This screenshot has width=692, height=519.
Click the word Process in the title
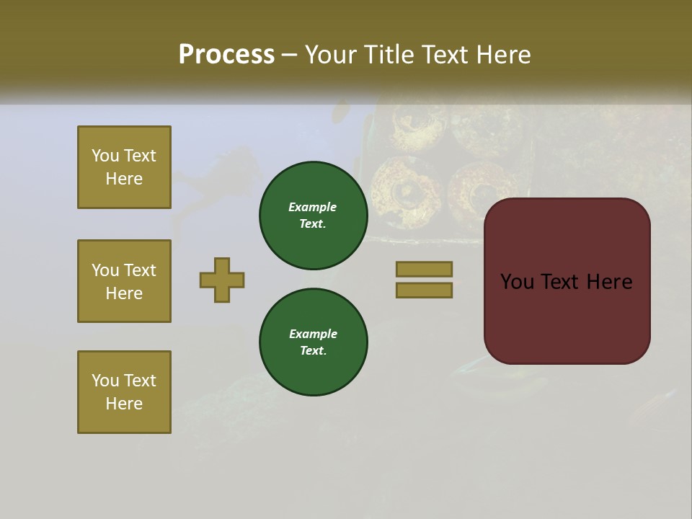pos(226,55)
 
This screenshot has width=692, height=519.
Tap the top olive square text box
pos(124,167)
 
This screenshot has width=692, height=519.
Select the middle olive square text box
pos(124,281)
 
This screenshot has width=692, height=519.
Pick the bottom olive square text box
pos(124,392)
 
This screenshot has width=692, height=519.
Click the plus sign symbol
pos(222,280)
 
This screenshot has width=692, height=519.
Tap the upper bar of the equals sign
pos(424,269)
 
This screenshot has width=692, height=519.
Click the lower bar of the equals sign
pos(424,290)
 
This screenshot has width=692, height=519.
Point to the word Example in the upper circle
pos(313,207)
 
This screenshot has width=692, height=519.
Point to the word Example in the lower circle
pos(313,334)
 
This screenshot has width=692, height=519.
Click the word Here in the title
pos(500,55)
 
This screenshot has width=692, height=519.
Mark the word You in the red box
pos(518,282)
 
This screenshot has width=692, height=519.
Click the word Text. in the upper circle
pos(313,223)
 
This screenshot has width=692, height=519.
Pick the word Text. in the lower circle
pos(313,350)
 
